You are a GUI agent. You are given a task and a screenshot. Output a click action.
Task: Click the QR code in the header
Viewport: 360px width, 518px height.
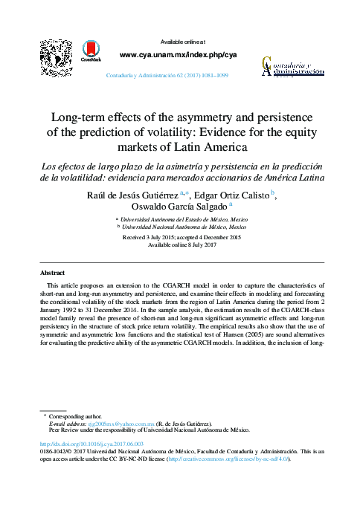click(x=56, y=56)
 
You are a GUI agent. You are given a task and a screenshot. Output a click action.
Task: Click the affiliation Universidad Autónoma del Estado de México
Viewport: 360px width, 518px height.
click(x=185, y=221)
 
